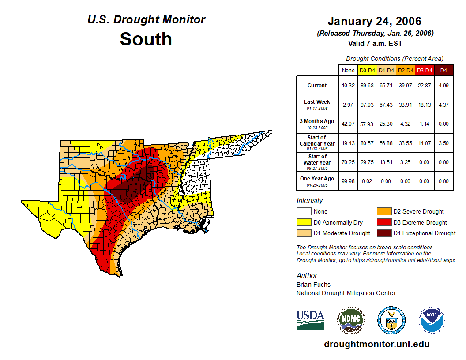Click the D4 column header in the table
(x=443, y=70)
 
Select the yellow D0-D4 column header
(x=368, y=70)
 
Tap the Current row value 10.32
(x=348, y=86)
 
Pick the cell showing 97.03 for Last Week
(x=368, y=105)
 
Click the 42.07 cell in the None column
(x=348, y=124)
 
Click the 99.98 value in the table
(x=348, y=181)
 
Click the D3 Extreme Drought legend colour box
(x=383, y=222)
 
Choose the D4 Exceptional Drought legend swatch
(x=383, y=233)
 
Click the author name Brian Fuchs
(x=313, y=285)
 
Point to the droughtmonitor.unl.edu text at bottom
(x=376, y=344)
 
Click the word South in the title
(x=146, y=39)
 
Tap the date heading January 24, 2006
(x=374, y=21)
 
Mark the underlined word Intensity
(x=310, y=201)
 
